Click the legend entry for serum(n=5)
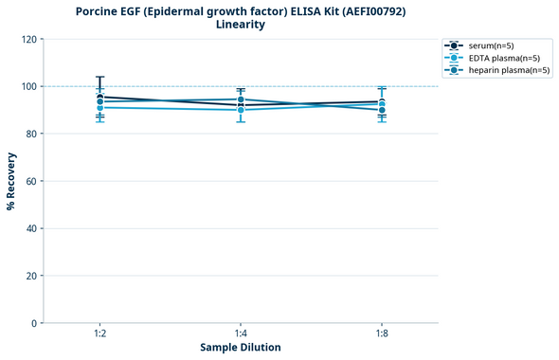[490, 45]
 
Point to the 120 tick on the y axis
[28, 40]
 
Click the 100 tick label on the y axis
[28, 87]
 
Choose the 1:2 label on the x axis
[99, 334]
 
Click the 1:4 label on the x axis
[241, 334]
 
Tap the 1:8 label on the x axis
[382, 334]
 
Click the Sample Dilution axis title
[241, 348]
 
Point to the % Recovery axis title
[11, 181]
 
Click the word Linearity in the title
[241, 26]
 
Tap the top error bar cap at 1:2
[99, 77]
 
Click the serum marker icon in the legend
[455, 45]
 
